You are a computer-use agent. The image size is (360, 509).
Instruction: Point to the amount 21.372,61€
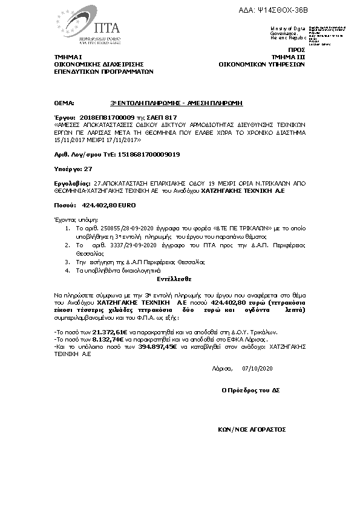click(110, 332)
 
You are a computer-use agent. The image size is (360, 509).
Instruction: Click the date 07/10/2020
click(258, 368)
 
